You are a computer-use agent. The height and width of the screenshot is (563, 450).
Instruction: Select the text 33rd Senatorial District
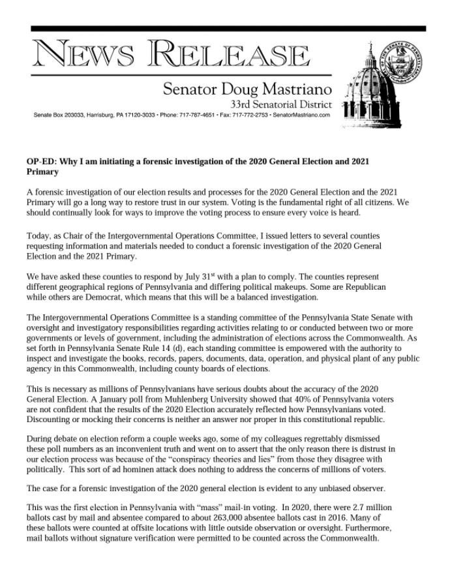coord(280,104)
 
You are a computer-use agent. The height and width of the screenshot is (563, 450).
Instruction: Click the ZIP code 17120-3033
coord(138,115)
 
